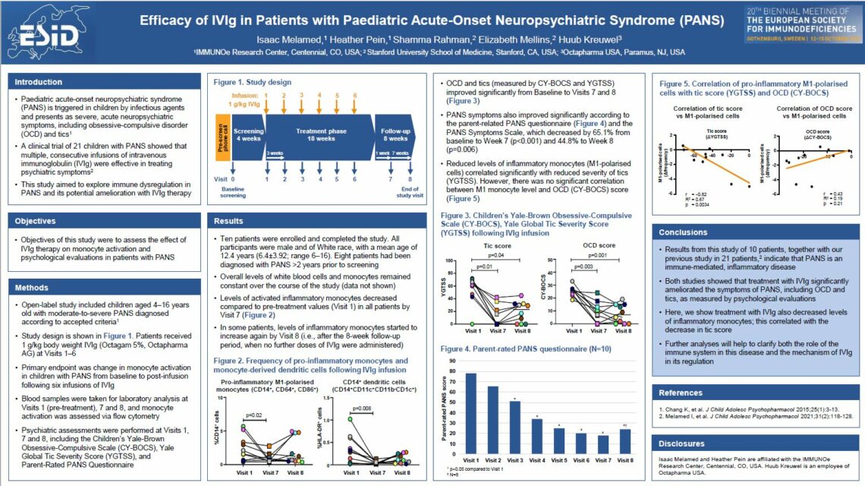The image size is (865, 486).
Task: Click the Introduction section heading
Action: tap(39, 82)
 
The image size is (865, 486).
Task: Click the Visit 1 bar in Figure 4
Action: tap(471, 414)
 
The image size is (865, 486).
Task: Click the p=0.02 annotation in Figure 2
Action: tap(255, 417)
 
